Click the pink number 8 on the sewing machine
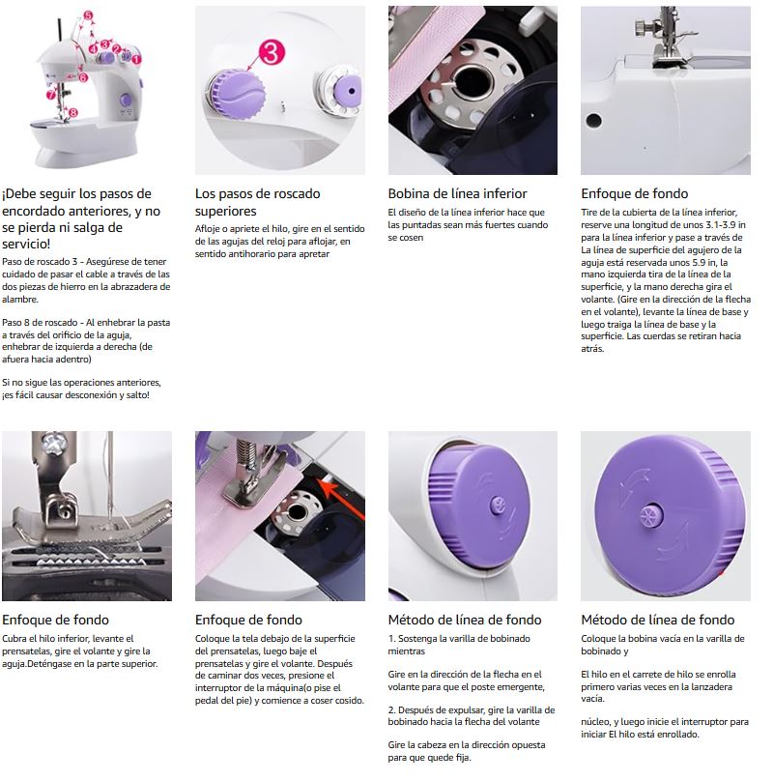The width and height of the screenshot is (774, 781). (x=72, y=113)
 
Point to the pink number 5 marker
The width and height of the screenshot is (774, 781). (x=88, y=16)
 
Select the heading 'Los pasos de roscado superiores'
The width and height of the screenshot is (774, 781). (x=257, y=202)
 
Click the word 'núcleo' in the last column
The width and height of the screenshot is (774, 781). (x=597, y=721)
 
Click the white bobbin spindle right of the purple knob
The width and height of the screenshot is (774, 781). (x=340, y=92)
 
